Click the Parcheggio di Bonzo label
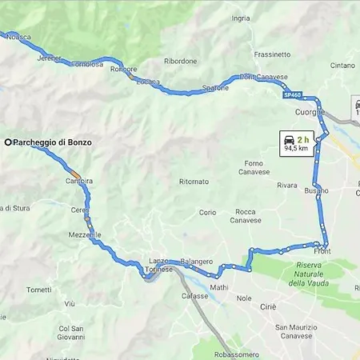tap(52, 142)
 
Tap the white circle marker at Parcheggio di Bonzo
tap(8, 142)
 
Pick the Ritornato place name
tap(194, 182)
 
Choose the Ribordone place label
tap(180, 61)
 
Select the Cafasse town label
tap(194, 296)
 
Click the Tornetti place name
tap(38, 290)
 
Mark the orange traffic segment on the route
tap(75, 174)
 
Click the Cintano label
tap(342, 66)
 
